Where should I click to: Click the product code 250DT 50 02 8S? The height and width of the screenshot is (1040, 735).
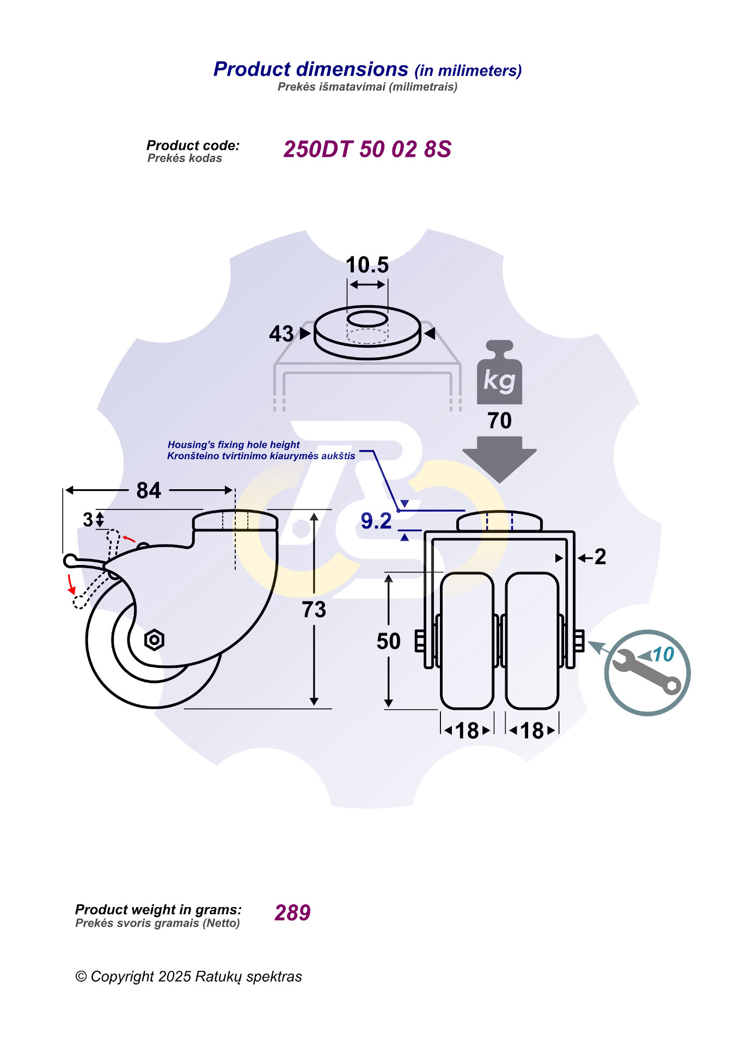(367, 149)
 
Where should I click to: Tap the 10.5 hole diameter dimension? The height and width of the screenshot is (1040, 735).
(367, 265)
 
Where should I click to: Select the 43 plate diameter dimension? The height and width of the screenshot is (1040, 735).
(281, 333)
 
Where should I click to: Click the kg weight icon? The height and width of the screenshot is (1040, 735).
(499, 373)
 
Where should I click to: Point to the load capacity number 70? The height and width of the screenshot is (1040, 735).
(499, 421)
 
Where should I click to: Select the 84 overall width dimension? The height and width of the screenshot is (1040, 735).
(149, 490)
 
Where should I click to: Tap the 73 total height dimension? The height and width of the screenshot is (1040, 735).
(314, 610)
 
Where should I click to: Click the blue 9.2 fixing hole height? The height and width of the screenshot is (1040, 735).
(376, 521)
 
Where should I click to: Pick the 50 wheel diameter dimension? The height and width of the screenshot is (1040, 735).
(389, 641)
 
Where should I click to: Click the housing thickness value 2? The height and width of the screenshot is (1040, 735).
(600, 557)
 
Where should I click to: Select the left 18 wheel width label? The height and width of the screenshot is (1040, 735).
(467, 731)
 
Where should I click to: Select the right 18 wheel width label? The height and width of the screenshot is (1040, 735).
(532, 731)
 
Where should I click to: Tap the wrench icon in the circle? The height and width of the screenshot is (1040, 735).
(646, 672)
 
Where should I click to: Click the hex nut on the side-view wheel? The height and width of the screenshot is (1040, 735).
(154, 640)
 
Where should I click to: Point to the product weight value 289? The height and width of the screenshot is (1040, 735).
(292, 913)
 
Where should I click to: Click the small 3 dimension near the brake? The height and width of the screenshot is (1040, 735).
(88, 520)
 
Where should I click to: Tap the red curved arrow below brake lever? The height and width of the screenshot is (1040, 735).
(71, 583)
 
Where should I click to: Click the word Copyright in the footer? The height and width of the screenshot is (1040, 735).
(122, 977)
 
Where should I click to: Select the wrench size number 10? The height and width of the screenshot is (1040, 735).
(663, 654)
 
